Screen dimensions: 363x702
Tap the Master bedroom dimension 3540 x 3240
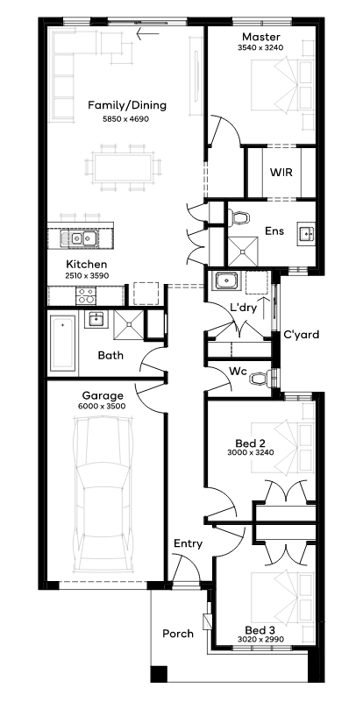[260, 46]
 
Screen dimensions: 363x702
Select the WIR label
[281, 172]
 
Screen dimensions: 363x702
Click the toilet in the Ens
[238, 217]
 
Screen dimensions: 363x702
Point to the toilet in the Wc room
[260, 379]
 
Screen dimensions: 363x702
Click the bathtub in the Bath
[62, 343]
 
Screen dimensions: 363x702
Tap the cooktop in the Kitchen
[86, 296]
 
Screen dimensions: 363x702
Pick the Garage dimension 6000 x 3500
[103, 407]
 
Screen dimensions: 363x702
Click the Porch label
[178, 634]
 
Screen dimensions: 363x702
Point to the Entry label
[189, 544]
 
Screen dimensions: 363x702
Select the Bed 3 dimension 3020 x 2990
[261, 639]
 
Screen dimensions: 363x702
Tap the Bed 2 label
[251, 443]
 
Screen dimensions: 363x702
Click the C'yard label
[302, 335]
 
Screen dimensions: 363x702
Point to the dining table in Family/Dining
[123, 167]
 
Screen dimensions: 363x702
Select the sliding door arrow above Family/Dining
[148, 33]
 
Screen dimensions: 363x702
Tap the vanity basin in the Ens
[307, 233]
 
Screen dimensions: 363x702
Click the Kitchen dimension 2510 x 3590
[87, 276]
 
